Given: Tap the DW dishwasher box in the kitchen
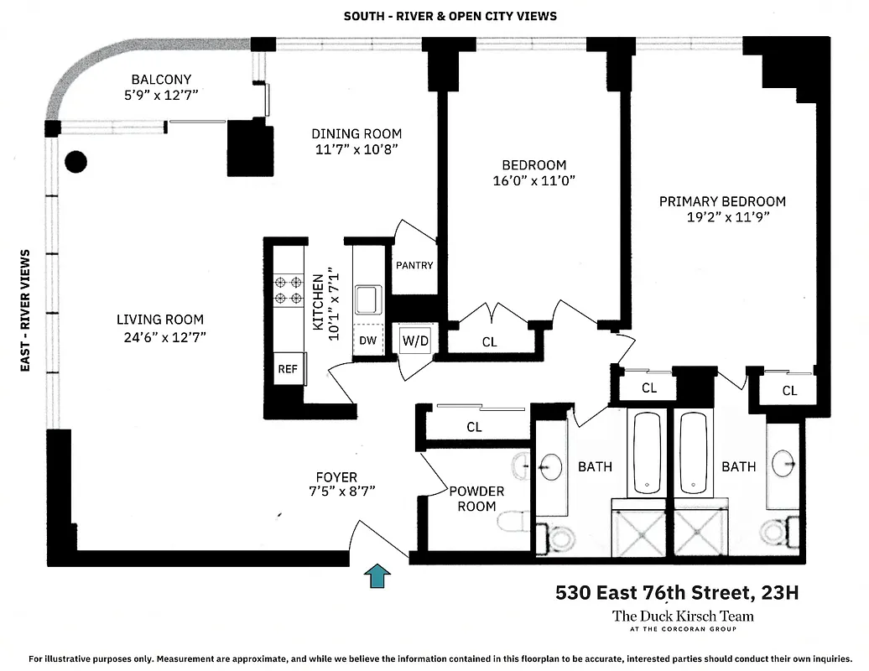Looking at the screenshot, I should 367,340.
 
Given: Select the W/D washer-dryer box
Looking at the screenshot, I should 414,341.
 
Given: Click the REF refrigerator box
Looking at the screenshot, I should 287,368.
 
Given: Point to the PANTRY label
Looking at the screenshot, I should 414,266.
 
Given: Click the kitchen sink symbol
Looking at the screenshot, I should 367,299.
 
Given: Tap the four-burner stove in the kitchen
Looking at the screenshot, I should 287,290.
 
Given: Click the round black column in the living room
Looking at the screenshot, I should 76,161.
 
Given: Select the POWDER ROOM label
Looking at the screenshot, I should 476,498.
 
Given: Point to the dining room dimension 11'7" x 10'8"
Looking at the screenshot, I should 356,149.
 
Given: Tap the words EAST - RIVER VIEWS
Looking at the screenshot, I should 25,310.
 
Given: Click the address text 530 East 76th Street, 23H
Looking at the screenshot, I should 677,594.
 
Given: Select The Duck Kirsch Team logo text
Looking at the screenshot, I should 683,616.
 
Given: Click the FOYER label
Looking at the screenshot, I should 336,477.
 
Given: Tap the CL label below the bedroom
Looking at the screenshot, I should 490,342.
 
